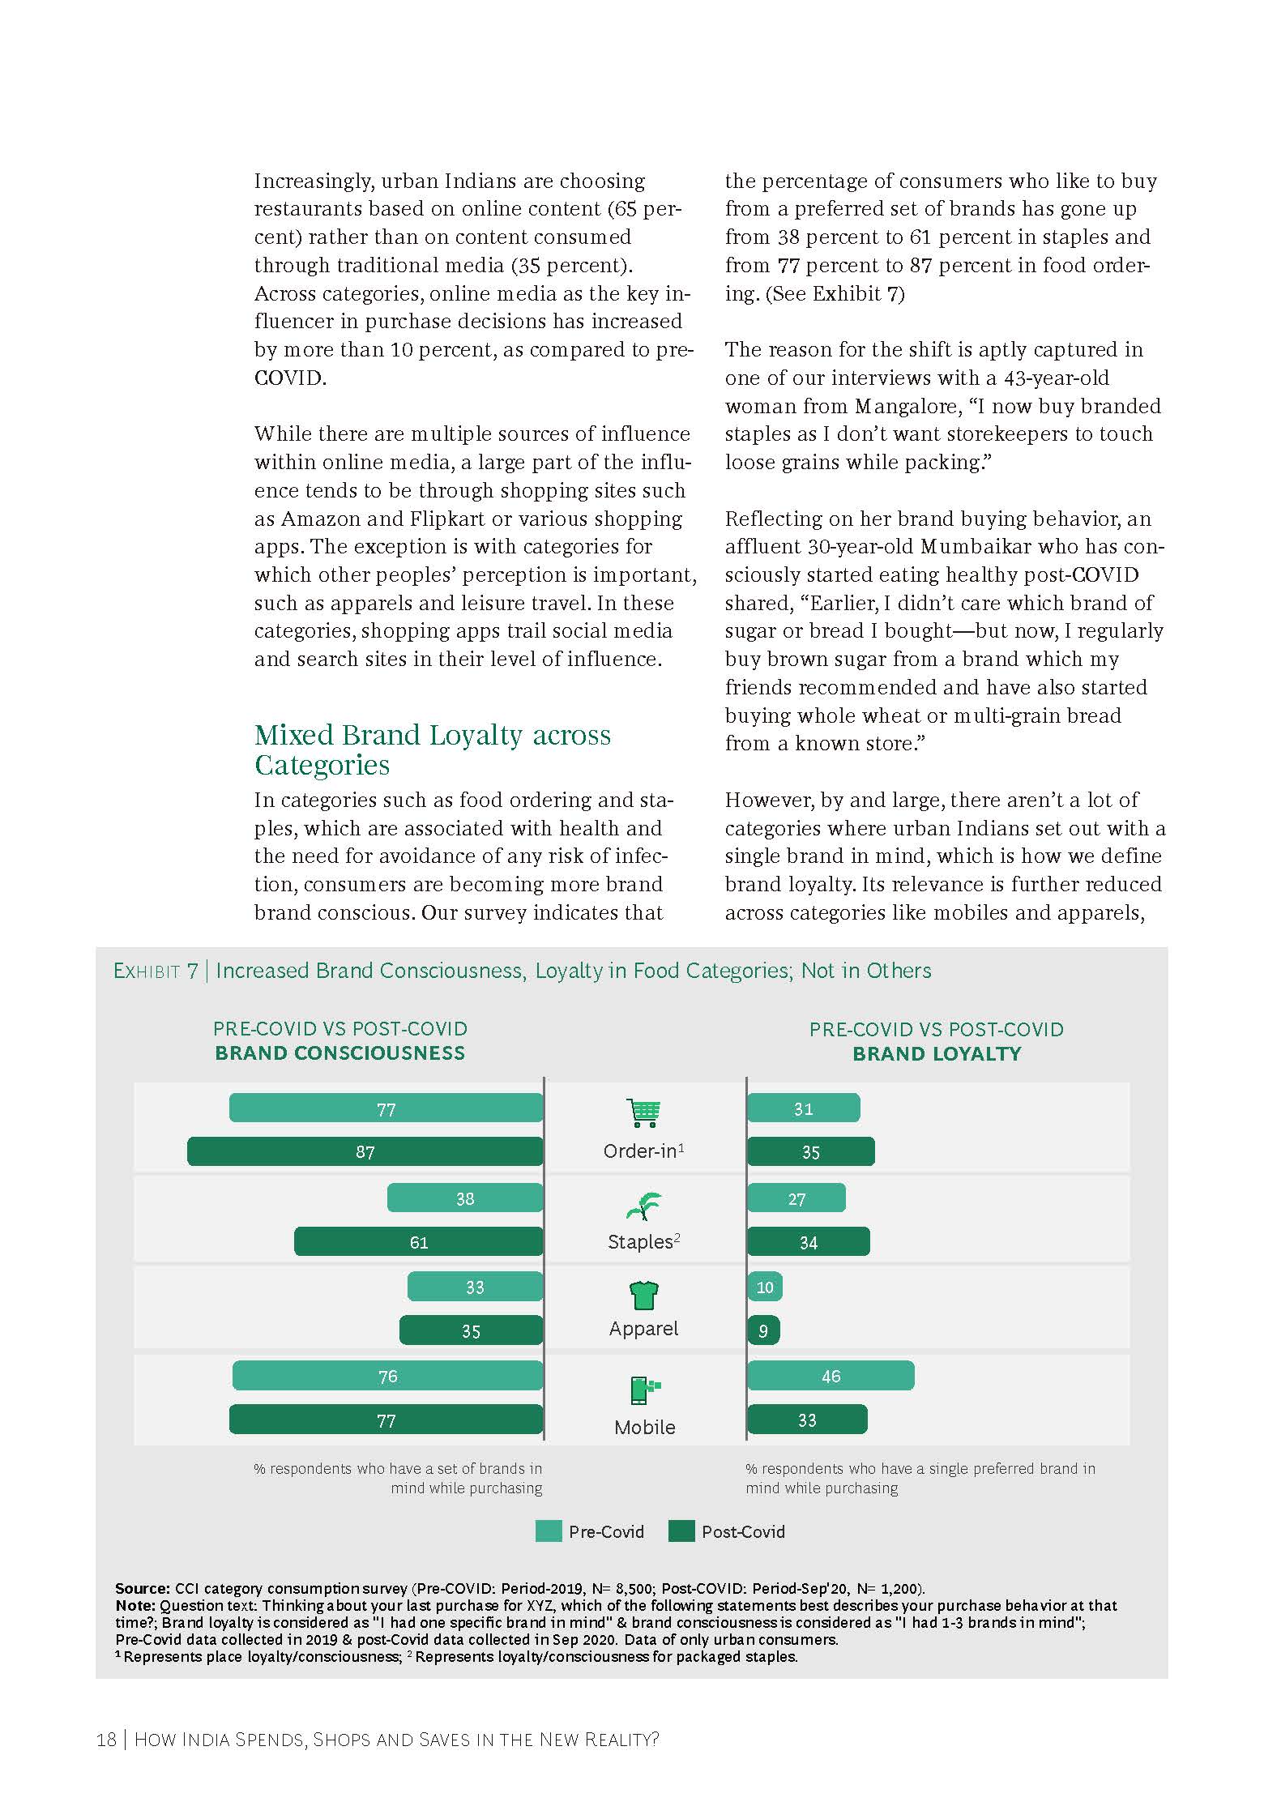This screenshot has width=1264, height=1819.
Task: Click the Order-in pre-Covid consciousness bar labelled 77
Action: click(386, 1108)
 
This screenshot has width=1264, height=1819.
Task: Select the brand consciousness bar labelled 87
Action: click(365, 1151)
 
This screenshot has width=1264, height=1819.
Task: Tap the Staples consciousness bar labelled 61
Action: click(418, 1241)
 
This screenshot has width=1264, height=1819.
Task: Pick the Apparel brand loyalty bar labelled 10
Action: click(764, 1287)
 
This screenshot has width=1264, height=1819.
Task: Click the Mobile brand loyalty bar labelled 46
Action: click(831, 1376)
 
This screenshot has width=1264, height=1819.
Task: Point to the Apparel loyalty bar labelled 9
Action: click(763, 1330)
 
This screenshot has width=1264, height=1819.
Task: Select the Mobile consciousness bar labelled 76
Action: click(387, 1376)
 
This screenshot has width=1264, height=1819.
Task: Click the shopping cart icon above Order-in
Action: click(643, 1112)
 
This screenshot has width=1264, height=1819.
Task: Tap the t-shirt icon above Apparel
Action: click(643, 1295)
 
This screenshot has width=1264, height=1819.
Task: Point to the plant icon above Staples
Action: click(643, 1206)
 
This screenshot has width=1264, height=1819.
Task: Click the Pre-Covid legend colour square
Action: click(548, 1531)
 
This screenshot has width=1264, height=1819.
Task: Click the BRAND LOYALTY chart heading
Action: click(937, 1053)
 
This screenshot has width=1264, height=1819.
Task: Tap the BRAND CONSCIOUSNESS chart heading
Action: click(339, 1053)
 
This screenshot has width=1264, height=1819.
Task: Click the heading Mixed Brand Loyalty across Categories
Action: click(432, 749)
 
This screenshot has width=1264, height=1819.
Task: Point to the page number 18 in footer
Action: click(106, 1740)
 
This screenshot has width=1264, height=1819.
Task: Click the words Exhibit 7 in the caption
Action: click(156, 971)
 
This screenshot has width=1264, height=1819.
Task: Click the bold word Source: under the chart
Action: click(142, 1588)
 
